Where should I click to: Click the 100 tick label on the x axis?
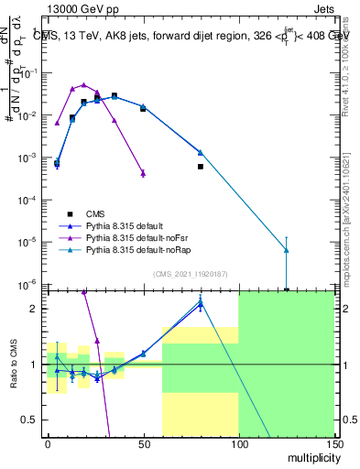pyautogui.click(x=238, y=443)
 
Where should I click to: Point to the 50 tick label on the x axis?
pyautogui.click(x=143, y=443)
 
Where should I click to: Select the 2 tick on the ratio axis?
pyautogui.click(x=38, y=308)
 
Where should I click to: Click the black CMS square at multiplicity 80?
pyautogui.click(x=200, y=167)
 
